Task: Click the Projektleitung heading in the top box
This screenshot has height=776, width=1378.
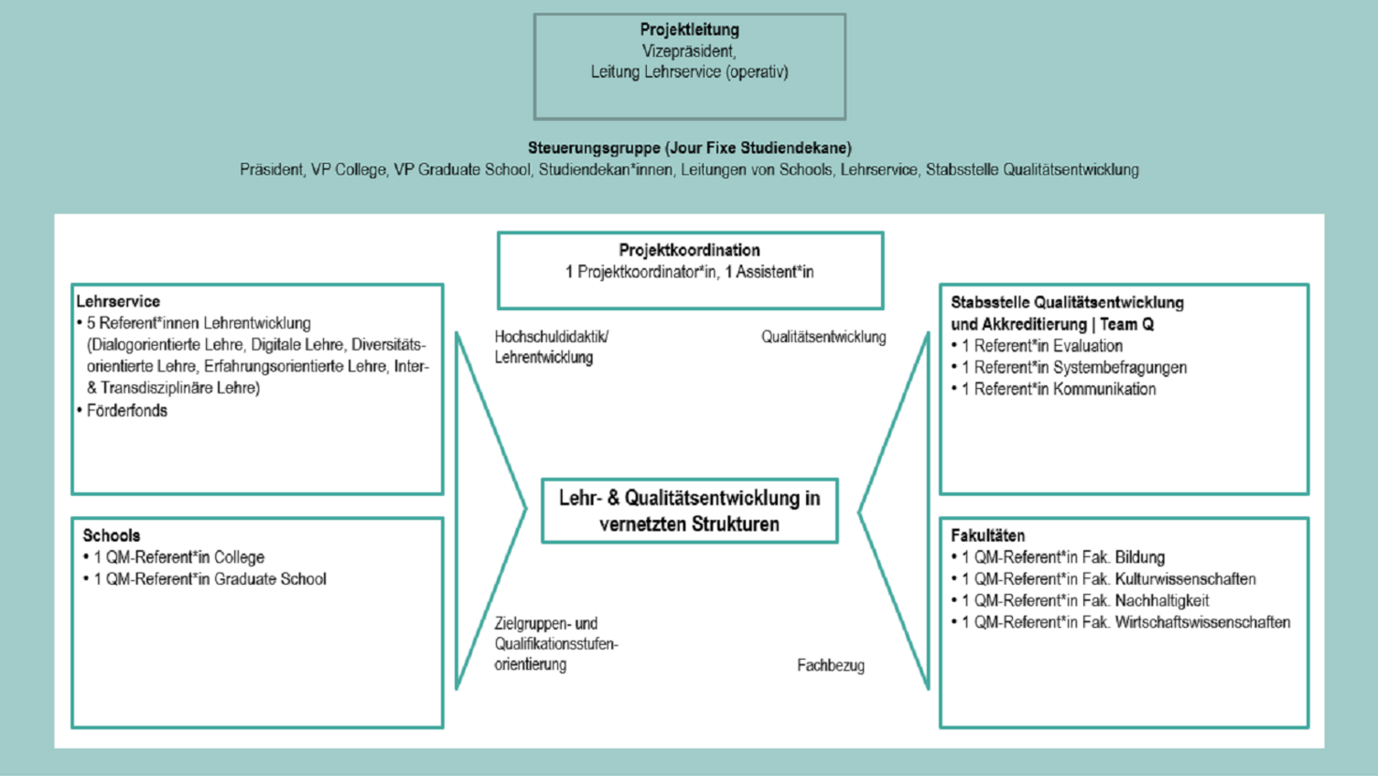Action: click(x=689, y=29)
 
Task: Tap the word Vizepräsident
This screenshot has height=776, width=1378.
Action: click(x=689, y=51)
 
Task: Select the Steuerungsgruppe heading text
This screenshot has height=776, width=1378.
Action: click(x=689, y=147)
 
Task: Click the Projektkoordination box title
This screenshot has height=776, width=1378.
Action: click(x=689, y=250)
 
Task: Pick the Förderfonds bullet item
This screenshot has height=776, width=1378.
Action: click(x=126, y=411)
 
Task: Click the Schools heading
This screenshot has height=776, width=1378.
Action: click(x=111, y=535)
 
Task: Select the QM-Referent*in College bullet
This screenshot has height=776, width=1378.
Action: click(x=178, y=557)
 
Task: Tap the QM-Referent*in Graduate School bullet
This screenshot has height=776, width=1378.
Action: click(x=210, y=579)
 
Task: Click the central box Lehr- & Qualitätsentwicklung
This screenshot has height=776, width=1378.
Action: click(x=689, y=511)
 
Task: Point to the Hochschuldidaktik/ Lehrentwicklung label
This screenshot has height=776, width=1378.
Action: click(x=551, y=347)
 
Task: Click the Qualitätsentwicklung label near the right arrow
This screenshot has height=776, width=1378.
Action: click(x=824, y=337)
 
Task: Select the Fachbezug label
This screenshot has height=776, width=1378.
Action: click(x=830, y=665)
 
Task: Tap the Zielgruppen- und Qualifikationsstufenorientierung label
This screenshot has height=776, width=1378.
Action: click(x=555, y=643)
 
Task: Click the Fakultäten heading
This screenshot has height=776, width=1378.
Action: click(x=987, y=535)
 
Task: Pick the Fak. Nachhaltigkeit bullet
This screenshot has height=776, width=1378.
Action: click(x=1084, y=601)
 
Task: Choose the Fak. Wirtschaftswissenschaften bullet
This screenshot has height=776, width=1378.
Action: click(x=1125, y=622)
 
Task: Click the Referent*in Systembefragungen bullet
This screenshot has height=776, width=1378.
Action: click(x=1073, y=368)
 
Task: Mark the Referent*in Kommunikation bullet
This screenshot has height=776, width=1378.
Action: click(x=1058, y=389)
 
